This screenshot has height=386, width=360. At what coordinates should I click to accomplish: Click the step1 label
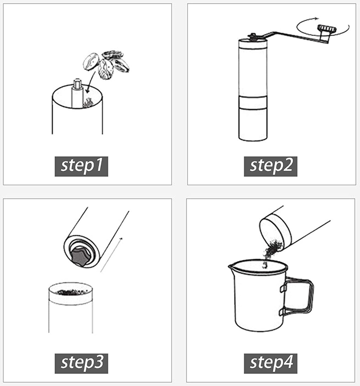(x=81, y=166)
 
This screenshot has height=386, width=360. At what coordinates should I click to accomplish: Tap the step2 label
(x=270, y=166)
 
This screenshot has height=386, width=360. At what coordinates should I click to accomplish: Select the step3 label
(x=81, y=364)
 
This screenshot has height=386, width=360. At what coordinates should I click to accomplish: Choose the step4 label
(x=270, y=364)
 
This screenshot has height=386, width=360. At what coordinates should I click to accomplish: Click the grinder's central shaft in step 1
(x=77, y=93)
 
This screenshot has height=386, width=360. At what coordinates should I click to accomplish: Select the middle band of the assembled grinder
(x=253, y=102)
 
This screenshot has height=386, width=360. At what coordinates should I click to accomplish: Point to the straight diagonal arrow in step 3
(x=111, y=255)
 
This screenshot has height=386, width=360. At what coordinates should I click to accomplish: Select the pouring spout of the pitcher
(x=232, y=266)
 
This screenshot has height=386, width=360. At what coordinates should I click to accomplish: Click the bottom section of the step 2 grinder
(x=253, y=124)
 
